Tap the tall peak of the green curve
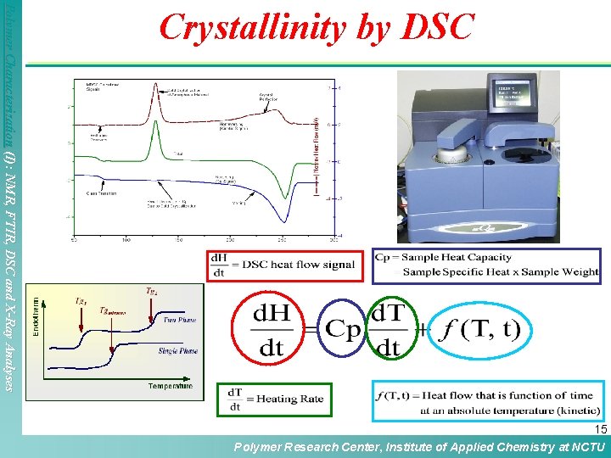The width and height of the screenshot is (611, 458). (x=153, y=130)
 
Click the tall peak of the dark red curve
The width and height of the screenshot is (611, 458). (x=154, y=86)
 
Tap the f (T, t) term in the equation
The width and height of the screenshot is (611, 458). (x=480, y=329)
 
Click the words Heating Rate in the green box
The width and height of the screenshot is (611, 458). (x=289, y=399)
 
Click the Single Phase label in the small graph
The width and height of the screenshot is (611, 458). (x=177, y=350)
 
